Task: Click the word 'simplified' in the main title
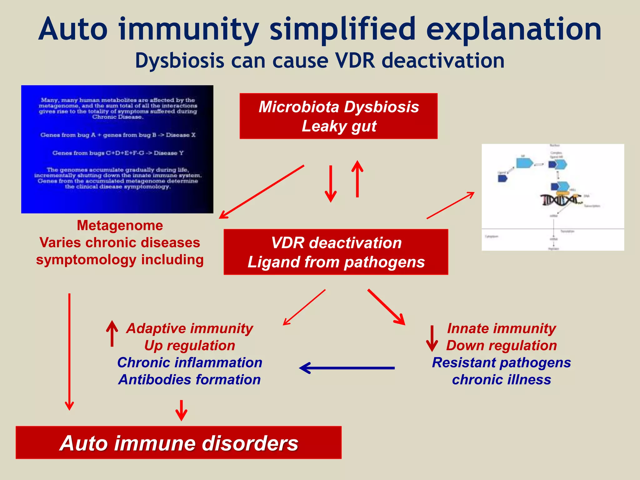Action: pyautogui.click(x=342, y=30)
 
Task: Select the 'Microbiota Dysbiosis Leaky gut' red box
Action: pyautogui.click(x=338, y=116)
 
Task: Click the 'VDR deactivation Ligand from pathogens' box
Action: pyautogui.click(x=336, y=252)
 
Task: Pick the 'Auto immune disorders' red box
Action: pyautogui.click(x=178, y=442)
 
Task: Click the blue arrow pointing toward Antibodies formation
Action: pyautogui.click(x=347, y=368)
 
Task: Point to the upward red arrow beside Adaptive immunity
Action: pyautogui.click(x=112, y=334)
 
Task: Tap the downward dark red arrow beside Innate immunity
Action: pyautogui.click(x=432, y=338)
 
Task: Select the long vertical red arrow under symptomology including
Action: pyautogui.click(x=69, y=352)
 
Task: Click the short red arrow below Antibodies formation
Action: pyautogui.click(x=181, y=410)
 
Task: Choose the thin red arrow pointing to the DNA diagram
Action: pyautogui.click(x=450, y=205)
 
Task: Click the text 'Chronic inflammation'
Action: pyautogui.click(x=190, y=362)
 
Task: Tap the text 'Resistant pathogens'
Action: pyautogui.click(x=501, y=362)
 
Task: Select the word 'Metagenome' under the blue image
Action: pyautogui.click(x=120, y=225)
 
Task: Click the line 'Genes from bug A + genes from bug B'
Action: pyautogui.click(x=118, y=135)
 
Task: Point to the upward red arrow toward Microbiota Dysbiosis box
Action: pyautogui.click(x=357, y=179)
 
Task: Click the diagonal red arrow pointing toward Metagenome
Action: pyautogui.click(x=262, y=192)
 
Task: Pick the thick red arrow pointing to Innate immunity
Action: pyautogui.click(x=386, y=307)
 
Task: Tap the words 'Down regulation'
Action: pyautogui.click(x=501, y=345)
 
